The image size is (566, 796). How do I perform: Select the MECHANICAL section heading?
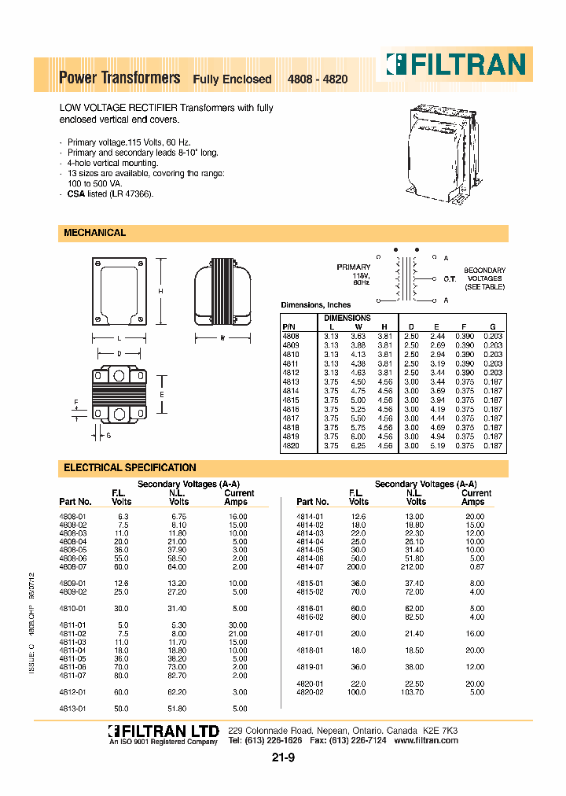pos(94,233)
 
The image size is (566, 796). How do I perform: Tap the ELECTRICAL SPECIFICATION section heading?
pos(130,467)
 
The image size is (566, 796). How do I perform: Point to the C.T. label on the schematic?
pos(450,278)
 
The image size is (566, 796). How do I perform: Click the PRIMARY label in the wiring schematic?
pos(353,267)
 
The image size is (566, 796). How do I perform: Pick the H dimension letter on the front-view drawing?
pos(160,292)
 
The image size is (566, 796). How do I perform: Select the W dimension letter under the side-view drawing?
pos(222,338)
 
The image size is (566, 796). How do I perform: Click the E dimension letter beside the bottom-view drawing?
pos(160,394)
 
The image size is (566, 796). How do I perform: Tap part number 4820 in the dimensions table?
pos(290,445)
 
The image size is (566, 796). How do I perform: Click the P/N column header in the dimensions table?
pos(287,326)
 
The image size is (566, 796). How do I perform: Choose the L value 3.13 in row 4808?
pos(332,336)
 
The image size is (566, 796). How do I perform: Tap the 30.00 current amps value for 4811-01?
pos(237,625)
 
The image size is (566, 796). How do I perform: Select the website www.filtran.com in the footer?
pos(429,741)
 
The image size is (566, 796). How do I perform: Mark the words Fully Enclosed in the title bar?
pos(232,79)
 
